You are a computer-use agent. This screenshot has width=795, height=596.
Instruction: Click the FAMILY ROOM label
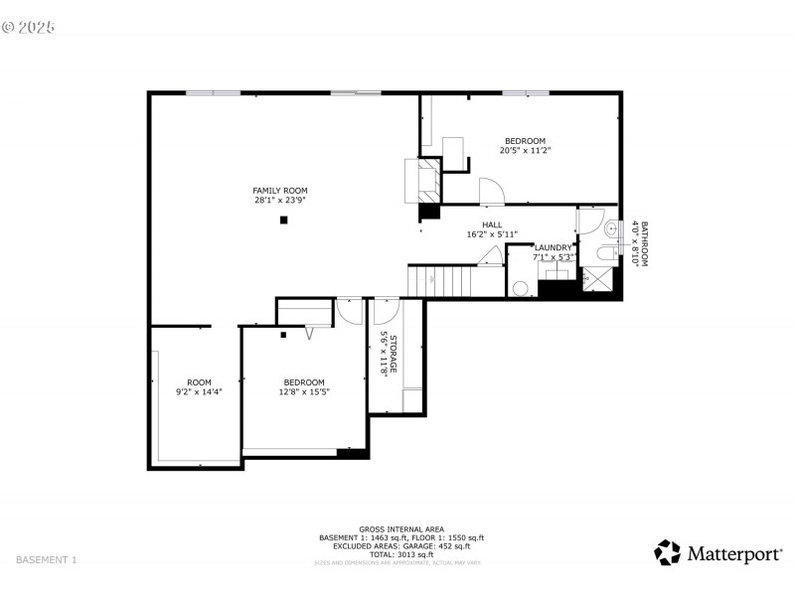[279, 190]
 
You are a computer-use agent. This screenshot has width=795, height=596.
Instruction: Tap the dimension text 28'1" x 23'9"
[279, 200]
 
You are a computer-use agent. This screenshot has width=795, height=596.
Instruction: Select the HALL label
[492, 224]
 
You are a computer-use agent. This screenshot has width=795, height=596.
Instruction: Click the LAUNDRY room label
[553, 247]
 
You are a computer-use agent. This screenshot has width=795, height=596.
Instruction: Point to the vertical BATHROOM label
[644, 243]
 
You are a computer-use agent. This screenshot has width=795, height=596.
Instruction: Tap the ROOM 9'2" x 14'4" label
[199, 382]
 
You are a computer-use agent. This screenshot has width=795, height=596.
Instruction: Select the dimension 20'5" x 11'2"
[524, 151]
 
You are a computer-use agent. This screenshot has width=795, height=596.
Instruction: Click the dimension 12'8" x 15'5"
[303, 392]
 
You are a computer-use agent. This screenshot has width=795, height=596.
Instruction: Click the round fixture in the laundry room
[520, 288]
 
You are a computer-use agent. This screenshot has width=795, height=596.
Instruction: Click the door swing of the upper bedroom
[491, 191]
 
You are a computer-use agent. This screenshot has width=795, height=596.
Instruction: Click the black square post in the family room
[283, 220]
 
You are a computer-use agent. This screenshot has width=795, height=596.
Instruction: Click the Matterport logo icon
[667, 552]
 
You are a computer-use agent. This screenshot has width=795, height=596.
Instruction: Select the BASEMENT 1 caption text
[47, 560]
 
